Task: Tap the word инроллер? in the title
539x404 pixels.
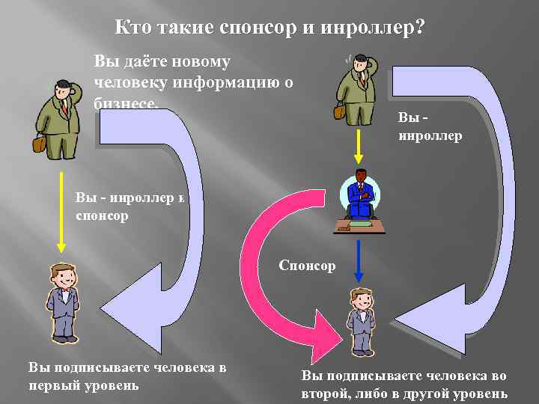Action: click(373, 28)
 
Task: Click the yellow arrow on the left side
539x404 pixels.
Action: click(62, 213)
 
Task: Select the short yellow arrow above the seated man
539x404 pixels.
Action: click(359, 146)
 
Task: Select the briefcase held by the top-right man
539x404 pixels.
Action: click(340, 111)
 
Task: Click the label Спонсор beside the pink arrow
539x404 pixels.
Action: click(307, 266)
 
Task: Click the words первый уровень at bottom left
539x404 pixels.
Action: click(84, 385)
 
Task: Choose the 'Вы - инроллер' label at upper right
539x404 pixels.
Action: click(430, 127)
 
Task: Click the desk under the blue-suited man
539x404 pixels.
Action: click(359, 224)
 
